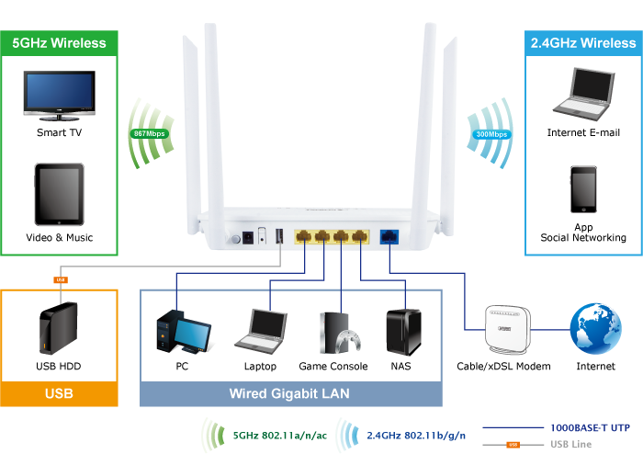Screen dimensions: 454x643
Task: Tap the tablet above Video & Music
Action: point(59,195)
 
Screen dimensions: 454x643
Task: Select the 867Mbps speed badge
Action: point(149,133)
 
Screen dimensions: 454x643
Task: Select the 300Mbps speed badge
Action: point(491,134)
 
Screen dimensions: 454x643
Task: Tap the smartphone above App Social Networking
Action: point(583,192)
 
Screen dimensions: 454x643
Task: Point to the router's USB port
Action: point(278,237)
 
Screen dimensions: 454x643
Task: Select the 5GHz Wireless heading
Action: point(59,43)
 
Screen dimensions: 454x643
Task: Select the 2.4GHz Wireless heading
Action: point(582,43)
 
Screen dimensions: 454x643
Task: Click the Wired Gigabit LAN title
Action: point(289,394)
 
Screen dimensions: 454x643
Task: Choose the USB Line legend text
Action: point(570,445)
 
